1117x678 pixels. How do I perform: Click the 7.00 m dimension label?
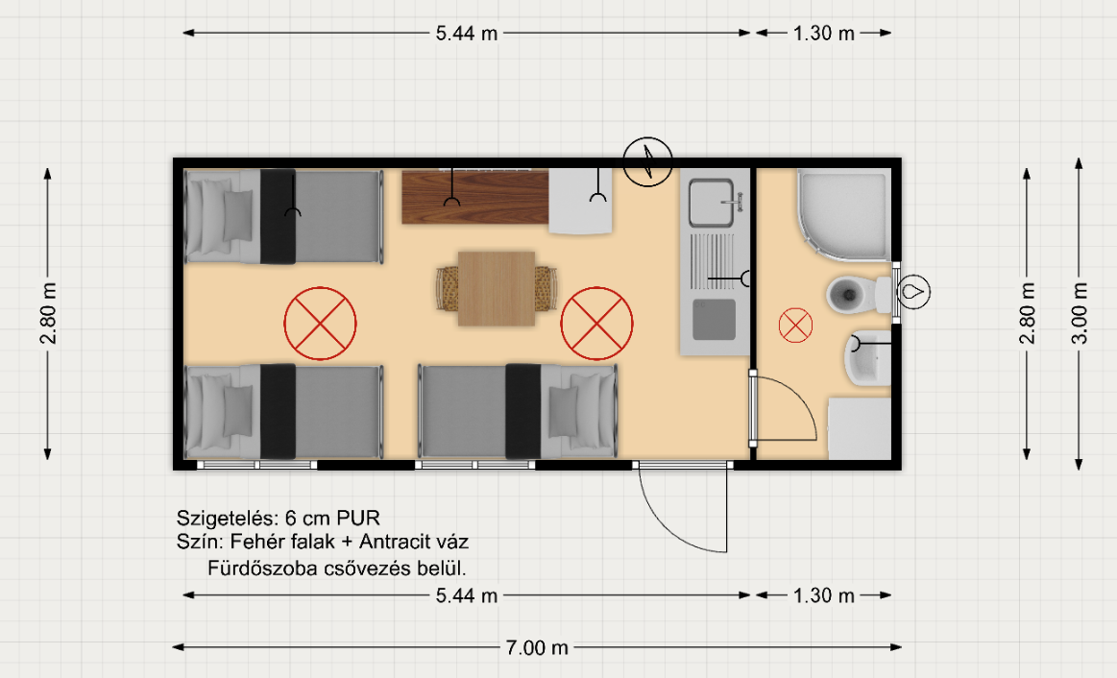(x=537, y=647)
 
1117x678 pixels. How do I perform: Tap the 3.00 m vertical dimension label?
(x=1080, y=313)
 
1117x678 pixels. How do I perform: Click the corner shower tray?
(x=844, y=214)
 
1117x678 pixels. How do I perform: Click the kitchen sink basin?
(x=710, y=203)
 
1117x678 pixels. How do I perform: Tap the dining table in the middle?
(x=497, y=288)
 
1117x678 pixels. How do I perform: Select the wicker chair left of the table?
(x=448, y=288)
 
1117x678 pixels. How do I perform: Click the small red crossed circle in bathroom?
(x=795, y=326)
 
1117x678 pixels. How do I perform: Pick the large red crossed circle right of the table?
(x=597, y=324)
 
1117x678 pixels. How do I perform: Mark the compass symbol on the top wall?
(x=647, y=161)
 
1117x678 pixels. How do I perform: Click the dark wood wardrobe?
(x=475, y=197)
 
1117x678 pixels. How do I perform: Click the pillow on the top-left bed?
(x=238, y=215)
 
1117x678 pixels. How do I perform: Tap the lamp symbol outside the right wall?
(x=913, y=292)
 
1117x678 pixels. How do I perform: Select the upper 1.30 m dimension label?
(x=823, y=33)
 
